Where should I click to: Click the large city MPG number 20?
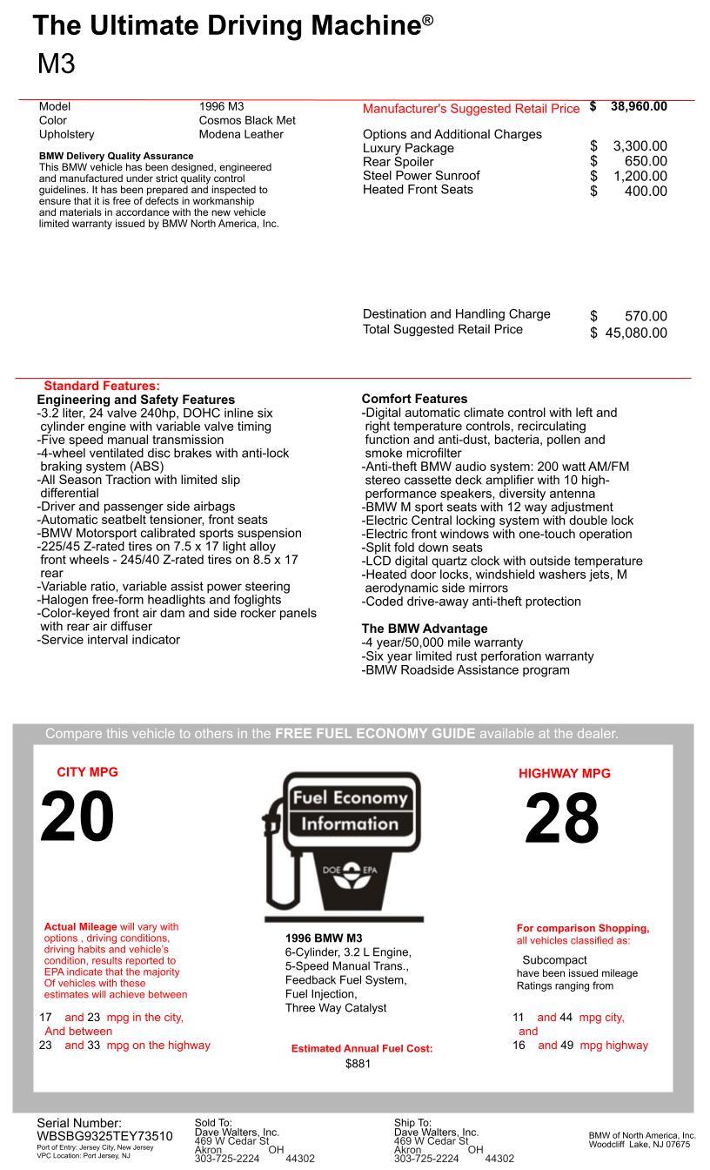pos(77,817)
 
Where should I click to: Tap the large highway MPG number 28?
pos(561,819)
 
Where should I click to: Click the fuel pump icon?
pos(343,844)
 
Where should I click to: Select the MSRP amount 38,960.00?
pos(639,107)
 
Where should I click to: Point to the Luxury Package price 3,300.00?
pos(640,146)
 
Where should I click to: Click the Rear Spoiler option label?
pos(398,162)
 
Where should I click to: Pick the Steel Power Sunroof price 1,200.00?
pos(640,176)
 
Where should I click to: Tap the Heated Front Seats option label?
pos(418,190)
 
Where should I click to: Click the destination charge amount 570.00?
pos(646,316)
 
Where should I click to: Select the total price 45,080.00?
pos(636,333)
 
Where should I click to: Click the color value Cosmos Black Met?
pos(247,120)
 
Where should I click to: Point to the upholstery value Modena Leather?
pos(241,134)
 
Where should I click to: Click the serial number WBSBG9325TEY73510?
pos(104,1136)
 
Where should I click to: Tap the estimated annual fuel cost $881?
pos(358,1064)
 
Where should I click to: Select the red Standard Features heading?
pos(102,386)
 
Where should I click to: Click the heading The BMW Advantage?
pos(425,629)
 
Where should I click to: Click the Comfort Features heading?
pos(414,399)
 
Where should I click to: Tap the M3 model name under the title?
pos(57,64)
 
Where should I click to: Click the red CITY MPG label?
pos(87,772)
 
